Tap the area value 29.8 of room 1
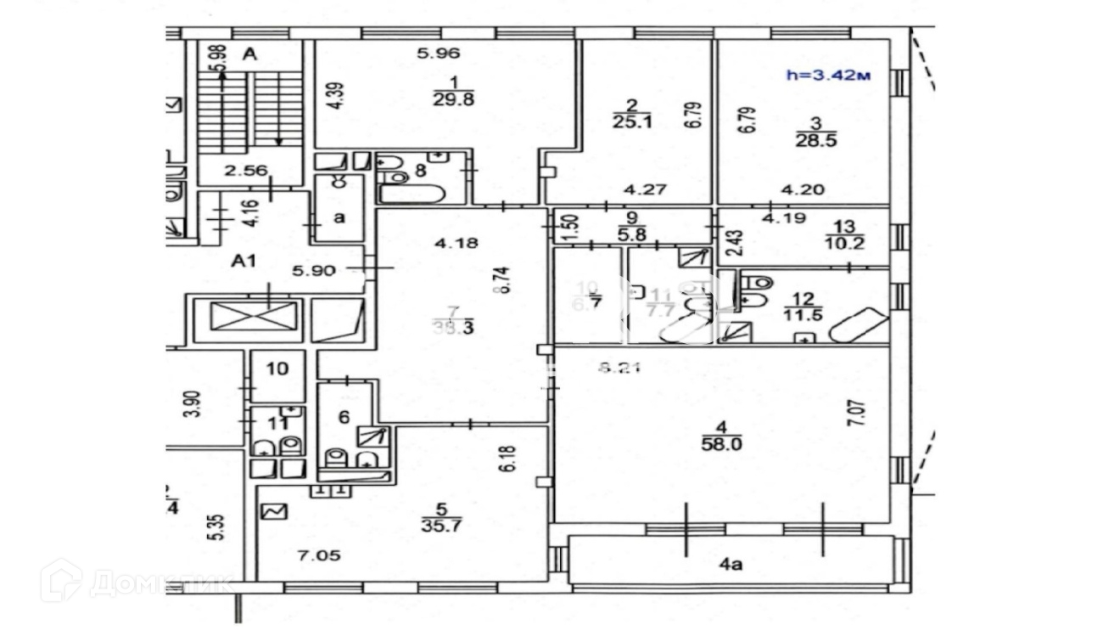tap(452, 99)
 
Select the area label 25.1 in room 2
tap(631, 121)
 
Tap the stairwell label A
tap(249, 55)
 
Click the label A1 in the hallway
tap(244, 262)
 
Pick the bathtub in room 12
tap(859, 326)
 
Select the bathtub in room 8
tap(412, 194)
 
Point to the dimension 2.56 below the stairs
tap(246, 171)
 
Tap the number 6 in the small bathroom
tap(344, 417)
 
